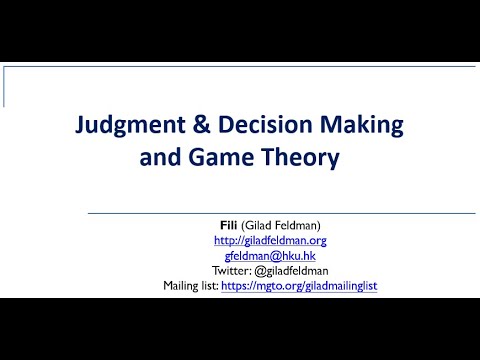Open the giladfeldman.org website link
270,241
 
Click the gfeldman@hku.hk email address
270,256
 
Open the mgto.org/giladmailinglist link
304,286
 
